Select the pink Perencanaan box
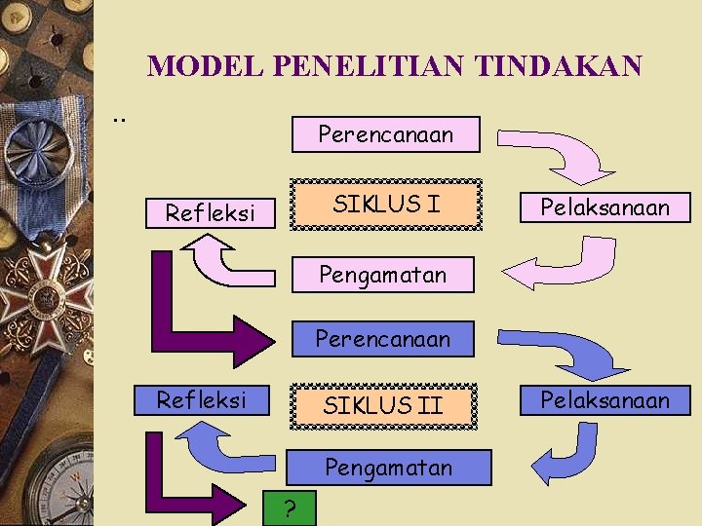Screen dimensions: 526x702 pyautogui.click(x=386, y=134)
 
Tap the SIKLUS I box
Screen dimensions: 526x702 pyautogui.click(x=386, y=205)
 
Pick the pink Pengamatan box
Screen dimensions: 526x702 pyautogui.click(x=382, y=275)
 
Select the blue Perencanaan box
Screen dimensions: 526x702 pyautogui.click(x=382, y=339)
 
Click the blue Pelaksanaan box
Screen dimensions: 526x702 pyautogui.click(x=605, y=400)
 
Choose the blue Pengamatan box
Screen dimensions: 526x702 pyautogui.click(x=388, y=468)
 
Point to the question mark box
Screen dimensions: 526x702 pyautogui.click(x=290, y=507)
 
